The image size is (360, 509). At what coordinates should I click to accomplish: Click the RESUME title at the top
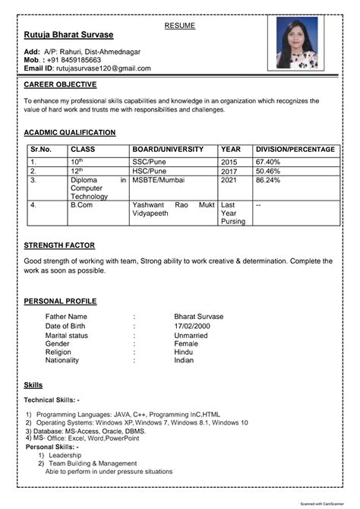(x=179, y=26)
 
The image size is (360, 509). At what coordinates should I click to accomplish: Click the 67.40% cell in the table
(x=268, y=162)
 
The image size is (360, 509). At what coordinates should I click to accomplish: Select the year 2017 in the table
(x=229, y=172)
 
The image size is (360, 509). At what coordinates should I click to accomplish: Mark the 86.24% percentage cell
(x=268, y=181)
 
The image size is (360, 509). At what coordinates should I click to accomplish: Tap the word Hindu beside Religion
(x=184, y=353)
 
